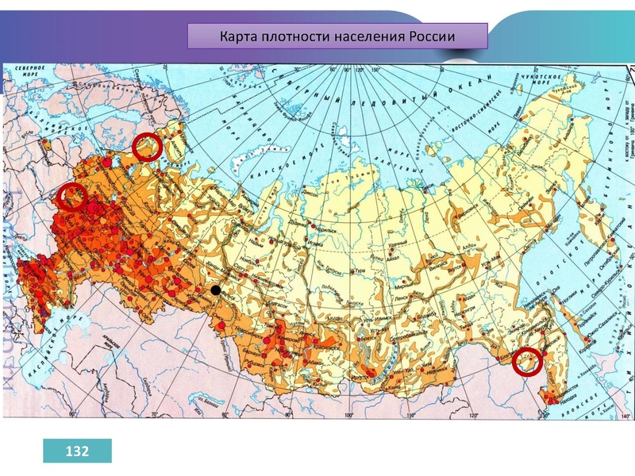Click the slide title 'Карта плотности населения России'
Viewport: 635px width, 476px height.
337,36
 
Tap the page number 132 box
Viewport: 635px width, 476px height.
77,451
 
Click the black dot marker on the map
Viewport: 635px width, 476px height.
216,291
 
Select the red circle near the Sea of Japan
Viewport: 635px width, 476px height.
526,362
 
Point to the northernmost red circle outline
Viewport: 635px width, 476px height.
147,147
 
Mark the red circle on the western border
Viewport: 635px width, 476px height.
72,196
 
